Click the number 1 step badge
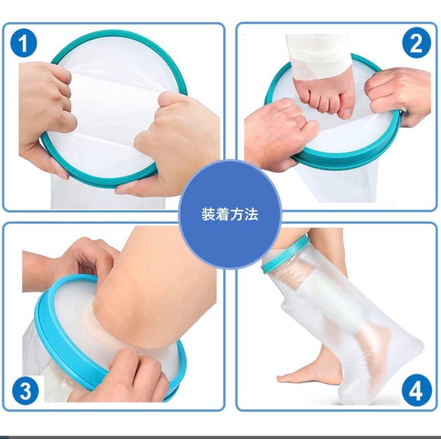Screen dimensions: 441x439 pos(24,44)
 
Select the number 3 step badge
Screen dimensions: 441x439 pos(25,391)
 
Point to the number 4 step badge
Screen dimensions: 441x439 pos(415,391)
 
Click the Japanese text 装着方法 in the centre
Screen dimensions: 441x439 pos(230,214)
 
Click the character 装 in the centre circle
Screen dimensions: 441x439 pos(208,214)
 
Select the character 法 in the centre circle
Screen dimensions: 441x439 pos(251,214)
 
